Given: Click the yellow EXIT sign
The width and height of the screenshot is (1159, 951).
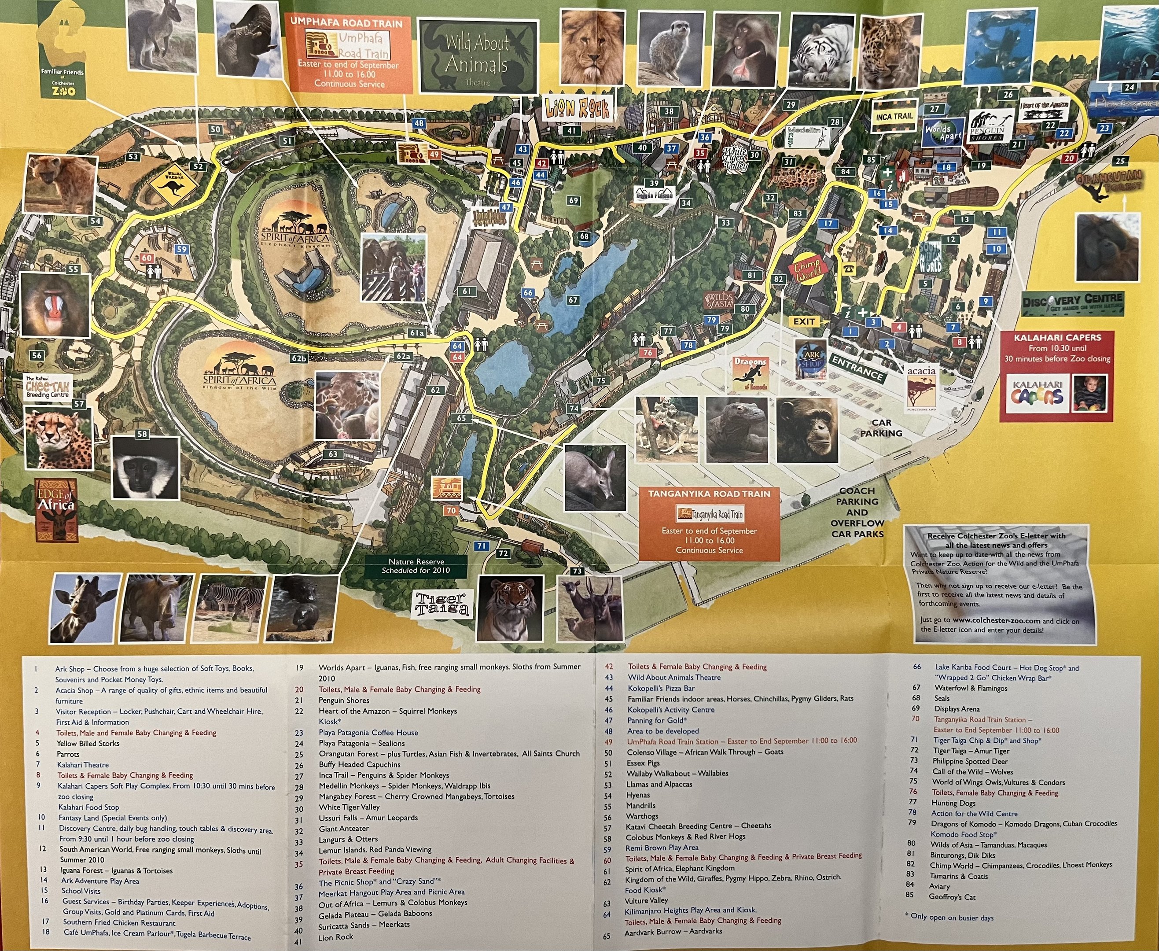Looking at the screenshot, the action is coord(804,321).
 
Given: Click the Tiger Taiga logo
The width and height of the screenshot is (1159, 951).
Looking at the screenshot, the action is coord(442,603).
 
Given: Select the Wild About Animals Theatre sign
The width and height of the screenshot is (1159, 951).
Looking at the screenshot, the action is coord(477,57).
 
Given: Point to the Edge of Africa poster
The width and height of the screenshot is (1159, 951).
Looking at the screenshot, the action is coord(56,509).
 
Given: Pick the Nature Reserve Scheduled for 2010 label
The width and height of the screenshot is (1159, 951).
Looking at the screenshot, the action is coord(416,566).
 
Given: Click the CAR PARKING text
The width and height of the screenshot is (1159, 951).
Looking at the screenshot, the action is coord(881,428).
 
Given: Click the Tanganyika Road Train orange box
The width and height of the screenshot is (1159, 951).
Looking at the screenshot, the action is coord(709,523).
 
